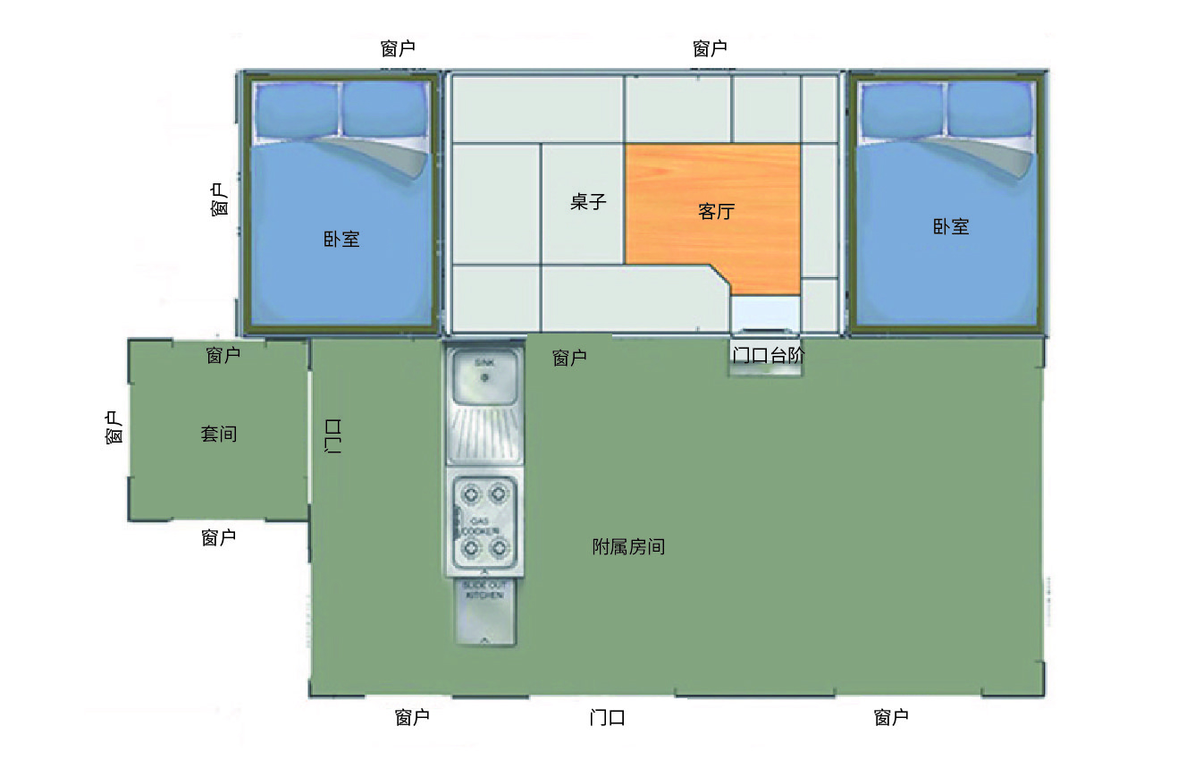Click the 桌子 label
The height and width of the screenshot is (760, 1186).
click(588, 202)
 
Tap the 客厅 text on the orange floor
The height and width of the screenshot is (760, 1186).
click(715, 212)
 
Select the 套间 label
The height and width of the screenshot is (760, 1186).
click(219, 435)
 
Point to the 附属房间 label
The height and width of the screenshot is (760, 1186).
click(628, 547)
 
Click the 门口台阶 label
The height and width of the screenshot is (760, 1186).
click(768, 355)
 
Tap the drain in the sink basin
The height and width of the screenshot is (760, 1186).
click(484, 377)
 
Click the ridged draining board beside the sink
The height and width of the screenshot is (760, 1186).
click(484, 435)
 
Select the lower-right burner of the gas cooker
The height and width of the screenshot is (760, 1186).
click(500, 546)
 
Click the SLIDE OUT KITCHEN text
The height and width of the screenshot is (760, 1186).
click(484, 590)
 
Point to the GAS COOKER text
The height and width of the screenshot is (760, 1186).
click(484, 526)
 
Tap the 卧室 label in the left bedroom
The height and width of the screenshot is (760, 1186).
click(341, 239)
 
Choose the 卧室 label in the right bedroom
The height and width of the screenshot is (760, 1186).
click(951, 227)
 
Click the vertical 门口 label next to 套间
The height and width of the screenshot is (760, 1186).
click(332, 436)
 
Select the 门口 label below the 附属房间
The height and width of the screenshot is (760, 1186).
click(607, 718)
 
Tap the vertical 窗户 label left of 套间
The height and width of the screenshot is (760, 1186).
click(113, 428)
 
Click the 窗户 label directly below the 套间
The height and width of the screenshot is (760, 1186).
click(219, 538)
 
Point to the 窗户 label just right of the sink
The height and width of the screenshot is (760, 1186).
click(569, 359)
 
